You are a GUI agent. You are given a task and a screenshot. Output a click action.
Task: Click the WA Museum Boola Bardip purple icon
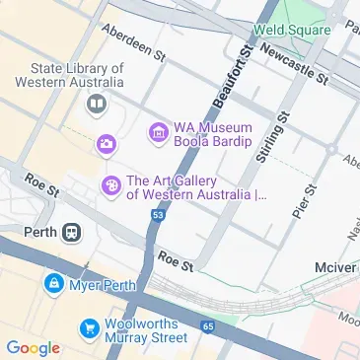156,130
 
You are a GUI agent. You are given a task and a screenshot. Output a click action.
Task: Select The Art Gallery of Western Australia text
195,187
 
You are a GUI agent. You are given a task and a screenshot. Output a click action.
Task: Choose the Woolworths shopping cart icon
90,326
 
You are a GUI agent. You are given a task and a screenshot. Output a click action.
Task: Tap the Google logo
33,347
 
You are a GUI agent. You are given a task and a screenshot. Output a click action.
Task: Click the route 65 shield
207,324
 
